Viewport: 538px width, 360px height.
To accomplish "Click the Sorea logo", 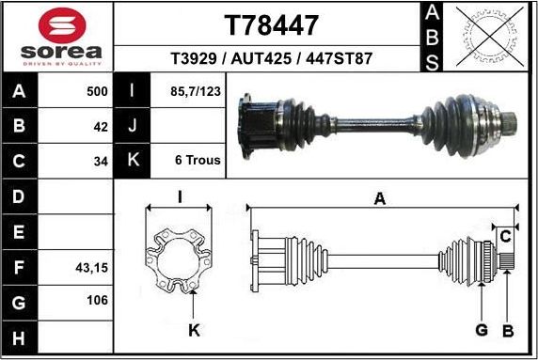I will [56, 36].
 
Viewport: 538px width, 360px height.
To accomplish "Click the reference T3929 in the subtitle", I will [194, 58].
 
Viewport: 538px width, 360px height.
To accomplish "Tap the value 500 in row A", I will [97, 92].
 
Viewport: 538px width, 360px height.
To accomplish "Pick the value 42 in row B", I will [101, 126].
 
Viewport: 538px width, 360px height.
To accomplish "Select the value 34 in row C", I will [101, 160].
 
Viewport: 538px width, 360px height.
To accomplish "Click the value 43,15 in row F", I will [91, 268].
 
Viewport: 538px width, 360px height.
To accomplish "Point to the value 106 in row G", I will [96, 301].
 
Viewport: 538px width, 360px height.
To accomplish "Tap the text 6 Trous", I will [198, 160].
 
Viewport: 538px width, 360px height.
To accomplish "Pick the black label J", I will [134, 126].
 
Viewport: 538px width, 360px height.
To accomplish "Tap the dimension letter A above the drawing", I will [380, 198].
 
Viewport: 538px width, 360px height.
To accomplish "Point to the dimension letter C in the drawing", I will [505, 234].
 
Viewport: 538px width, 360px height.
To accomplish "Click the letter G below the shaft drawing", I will [481, 330].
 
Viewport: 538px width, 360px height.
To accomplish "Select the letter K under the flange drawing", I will [193, 330].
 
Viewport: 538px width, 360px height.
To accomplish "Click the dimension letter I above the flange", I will [179, 197].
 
